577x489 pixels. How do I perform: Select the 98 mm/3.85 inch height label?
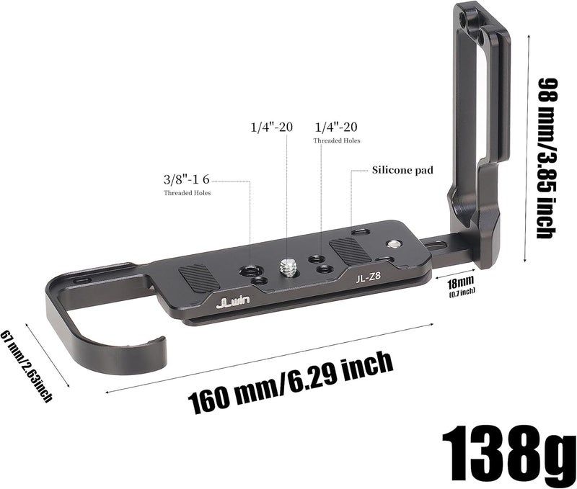[x=547, y=158]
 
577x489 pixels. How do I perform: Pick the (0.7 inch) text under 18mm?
[x=462, y=292]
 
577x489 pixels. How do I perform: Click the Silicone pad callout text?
[x=402, y=170]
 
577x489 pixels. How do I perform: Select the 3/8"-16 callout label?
[x=186, y=179]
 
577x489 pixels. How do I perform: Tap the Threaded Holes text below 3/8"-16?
[x=188, y=193]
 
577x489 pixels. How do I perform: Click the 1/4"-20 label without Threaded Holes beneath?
[x=272, y=127]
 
